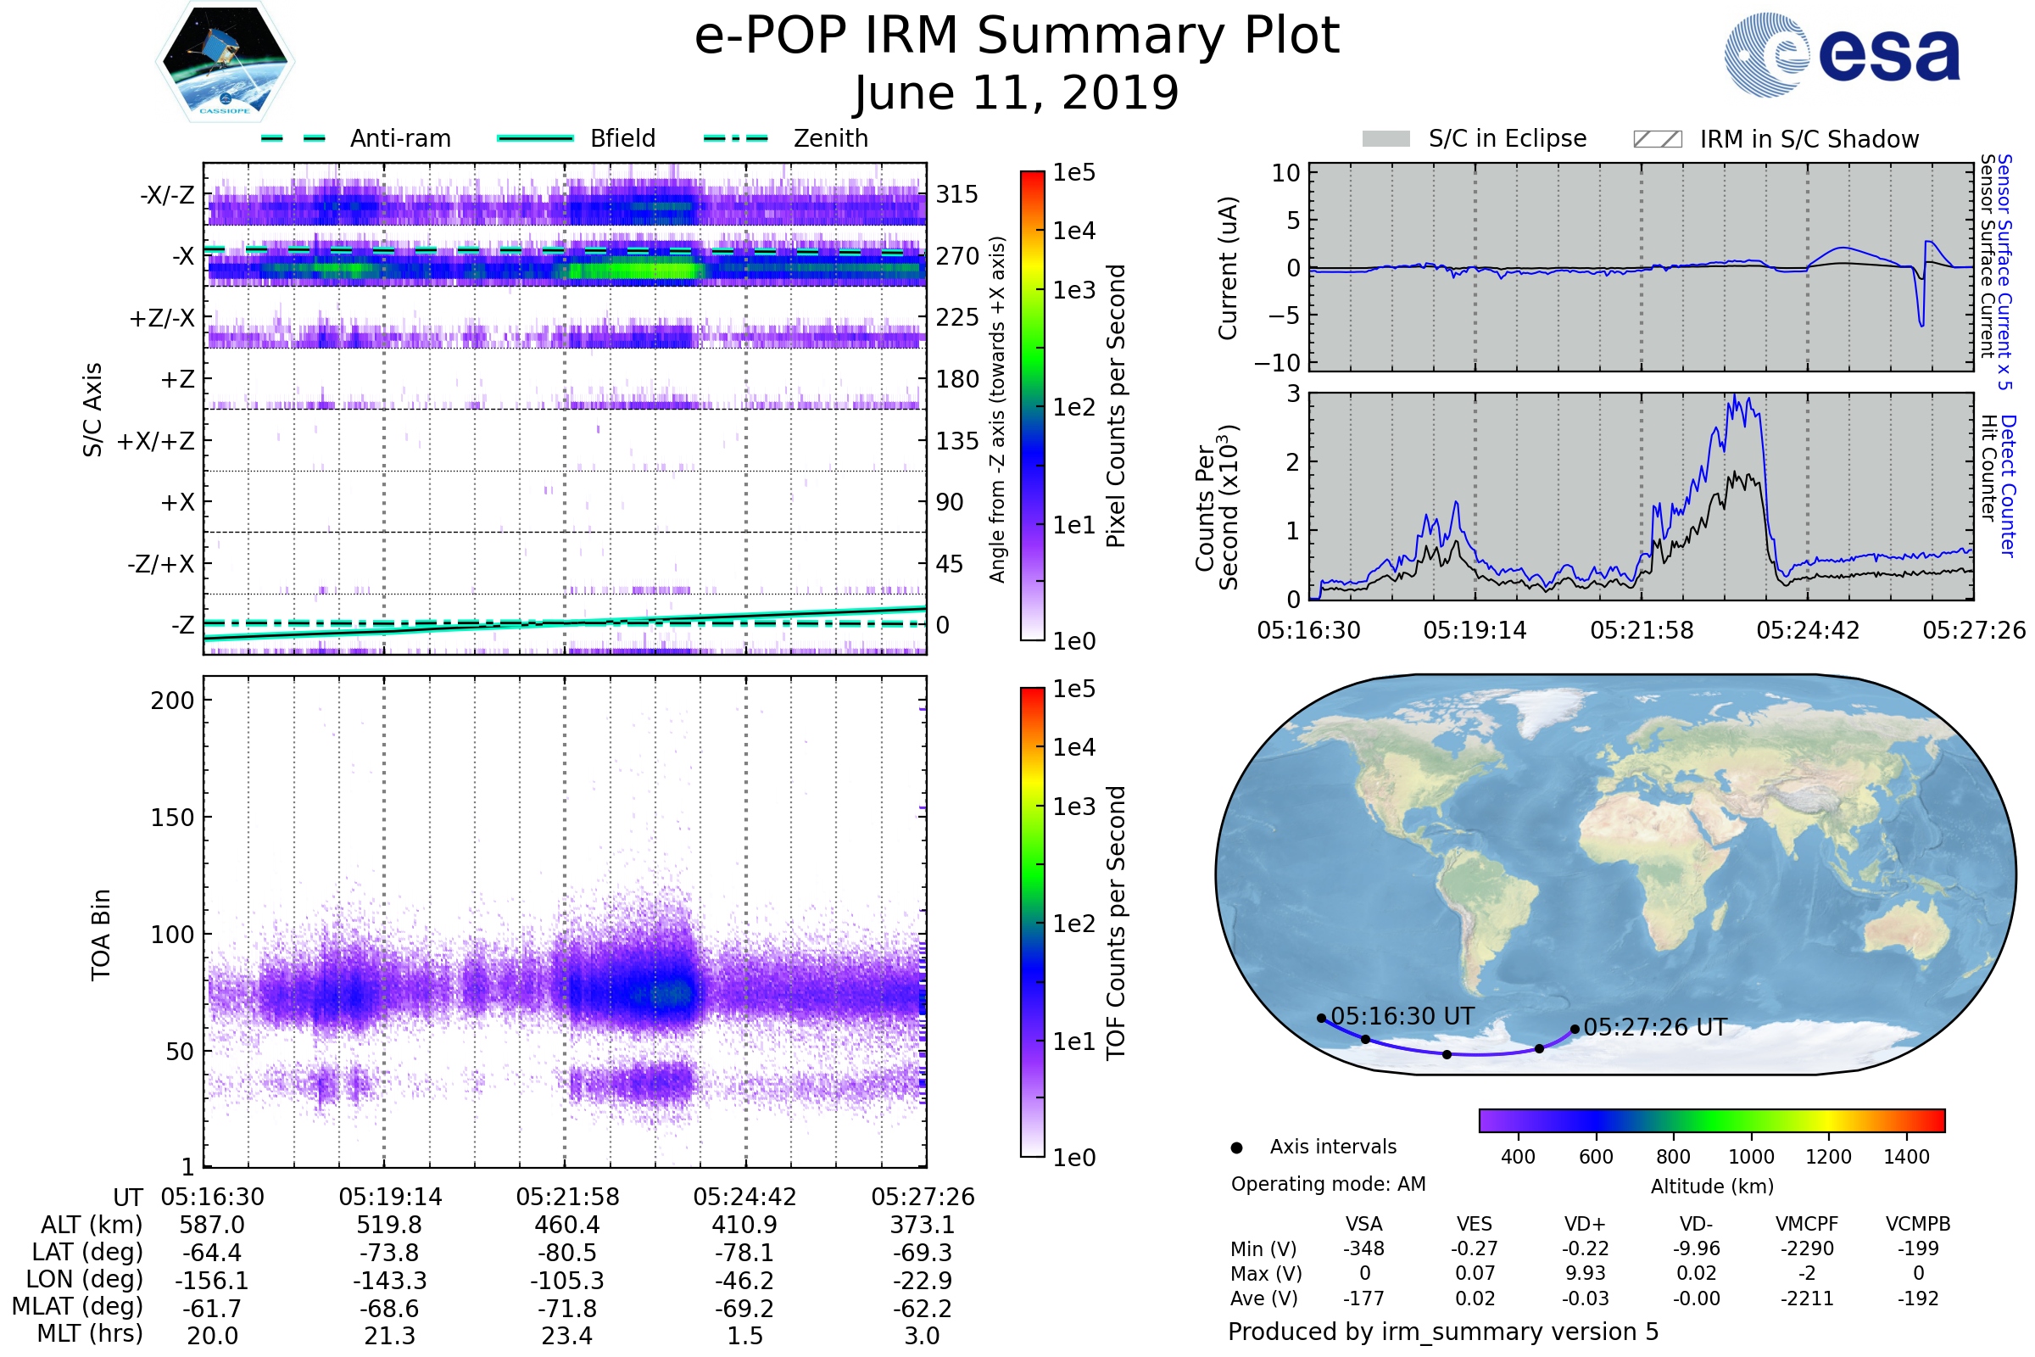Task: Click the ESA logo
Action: pyautogui.click(x=1842, y=55)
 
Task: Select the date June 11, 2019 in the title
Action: pyautogui.click(x=1017, y=92)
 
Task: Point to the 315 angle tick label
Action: pyautogui.click(x=956, y=195)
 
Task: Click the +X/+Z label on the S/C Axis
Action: pyautogui.click(x=156, y=441)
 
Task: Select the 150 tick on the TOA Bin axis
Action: pyautogui.click(x=172, y=818)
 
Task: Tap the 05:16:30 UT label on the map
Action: pyautogui.click(x=1402, y=1016)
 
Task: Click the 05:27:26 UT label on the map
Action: pyautogui.click(x=1654, y=1027)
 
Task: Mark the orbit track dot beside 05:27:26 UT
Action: pyautogui.click(x=1575, y=1029)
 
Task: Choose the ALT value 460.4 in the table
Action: pyautogui.click(x=566, y=1225)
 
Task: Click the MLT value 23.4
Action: pyautogui.click(x=566, y=1335)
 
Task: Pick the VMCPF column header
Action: pyautogui.click(x=1807, y=1224)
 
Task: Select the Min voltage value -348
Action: pyautogui.click(x=1363, y=1248)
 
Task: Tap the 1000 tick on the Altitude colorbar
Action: pyautogui.click(x=1750, y=1157)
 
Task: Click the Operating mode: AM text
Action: pyautogui.click(x=1328, y=1184)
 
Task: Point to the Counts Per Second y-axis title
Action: pyautogui.click(x=1217, y=508)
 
